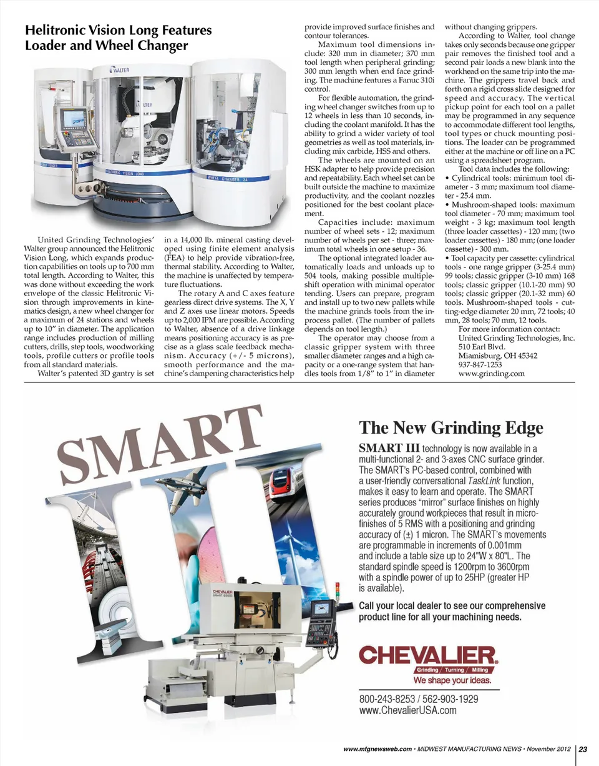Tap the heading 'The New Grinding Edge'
(x=451, y=428)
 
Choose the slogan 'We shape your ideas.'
(x=449, y=680)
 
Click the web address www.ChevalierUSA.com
(x=409, y=710)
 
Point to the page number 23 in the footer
(x=587, y=749)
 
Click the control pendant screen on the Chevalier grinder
(x=323, y=608)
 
